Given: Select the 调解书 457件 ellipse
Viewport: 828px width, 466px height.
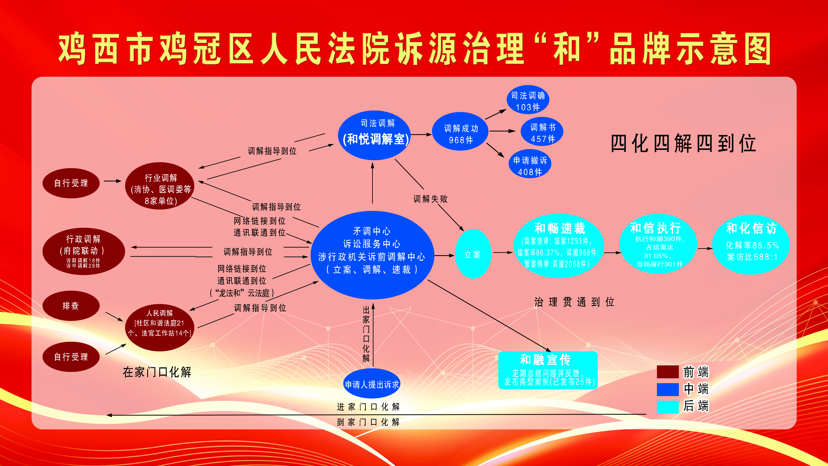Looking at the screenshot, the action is [542, 132].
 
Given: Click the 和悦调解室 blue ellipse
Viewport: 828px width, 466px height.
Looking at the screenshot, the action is [375, 135].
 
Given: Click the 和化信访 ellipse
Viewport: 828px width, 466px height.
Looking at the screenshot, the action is [751, 244].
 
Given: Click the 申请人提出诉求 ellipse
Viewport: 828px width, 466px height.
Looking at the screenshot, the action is [372, 384].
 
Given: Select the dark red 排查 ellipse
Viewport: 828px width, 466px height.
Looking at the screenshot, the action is [71, 306].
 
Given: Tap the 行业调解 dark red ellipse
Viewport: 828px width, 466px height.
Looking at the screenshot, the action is [160, 186].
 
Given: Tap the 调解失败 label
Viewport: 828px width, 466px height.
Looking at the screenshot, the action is [430, 199].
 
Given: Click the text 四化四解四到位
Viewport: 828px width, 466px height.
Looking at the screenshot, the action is [683, 143].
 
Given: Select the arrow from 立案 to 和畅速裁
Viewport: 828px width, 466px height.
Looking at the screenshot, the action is [503, 253].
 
